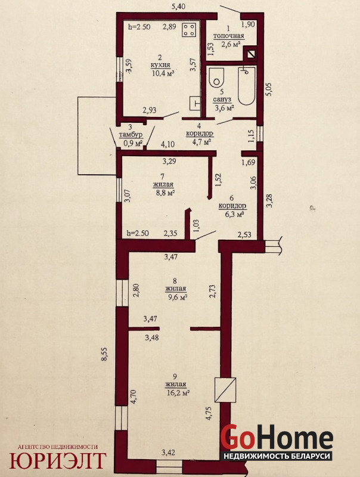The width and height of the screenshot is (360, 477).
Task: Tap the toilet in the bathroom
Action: (216, 78)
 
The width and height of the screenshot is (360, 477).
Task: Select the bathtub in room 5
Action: (247, 85)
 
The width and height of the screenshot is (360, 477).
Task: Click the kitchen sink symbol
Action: (195, 103)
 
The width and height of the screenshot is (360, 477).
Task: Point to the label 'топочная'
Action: (229, 36)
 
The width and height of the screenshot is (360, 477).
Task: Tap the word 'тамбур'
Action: (131, 135)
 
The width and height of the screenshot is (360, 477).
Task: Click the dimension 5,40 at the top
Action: (179, 7)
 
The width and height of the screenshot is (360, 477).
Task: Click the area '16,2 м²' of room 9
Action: (178, 392)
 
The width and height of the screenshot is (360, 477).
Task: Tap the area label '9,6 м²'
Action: (178, 296)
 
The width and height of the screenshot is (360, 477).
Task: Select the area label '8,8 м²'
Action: (165, 192)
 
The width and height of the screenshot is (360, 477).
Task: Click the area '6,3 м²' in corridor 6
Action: (235, 214)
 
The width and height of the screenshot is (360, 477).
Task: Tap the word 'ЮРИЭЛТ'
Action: (58, 460)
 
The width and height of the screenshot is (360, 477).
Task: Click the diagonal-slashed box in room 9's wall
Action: (225, 390)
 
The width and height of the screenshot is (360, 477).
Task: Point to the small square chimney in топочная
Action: (251, 54)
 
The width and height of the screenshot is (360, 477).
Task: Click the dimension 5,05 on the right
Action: (268, 89)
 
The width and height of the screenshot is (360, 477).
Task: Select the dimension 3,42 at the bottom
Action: (168, 453)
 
